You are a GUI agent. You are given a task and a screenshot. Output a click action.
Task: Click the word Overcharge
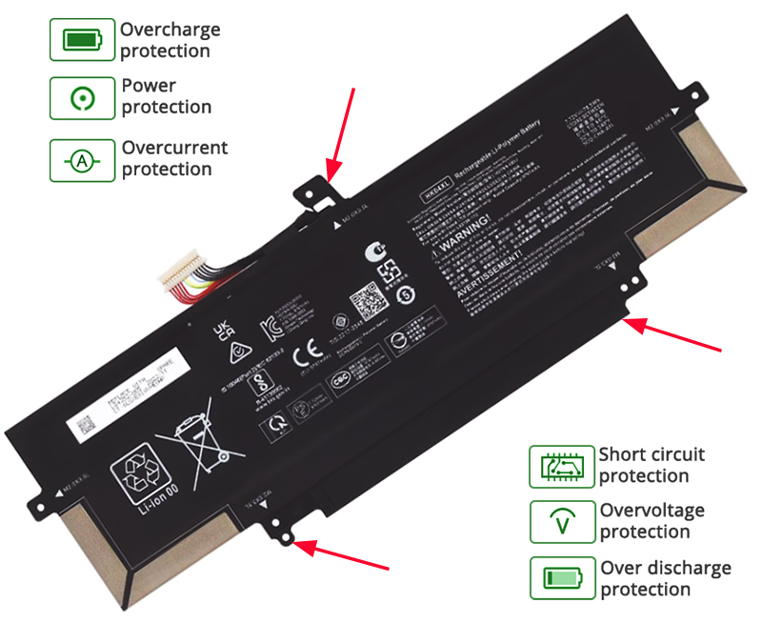point(170,30)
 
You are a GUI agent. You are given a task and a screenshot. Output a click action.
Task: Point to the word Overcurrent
point(174,148)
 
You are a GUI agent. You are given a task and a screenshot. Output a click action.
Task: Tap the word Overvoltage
point(652,511)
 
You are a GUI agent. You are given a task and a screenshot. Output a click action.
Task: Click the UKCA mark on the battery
point(221,330)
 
